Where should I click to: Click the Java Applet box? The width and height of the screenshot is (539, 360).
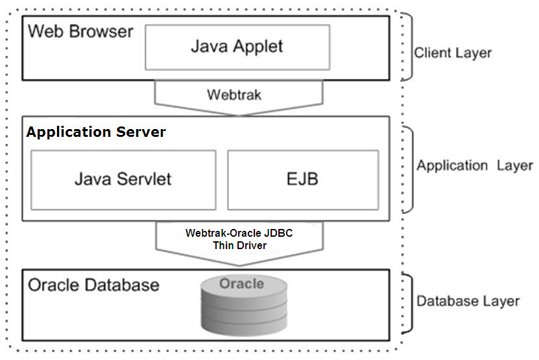(237, 47)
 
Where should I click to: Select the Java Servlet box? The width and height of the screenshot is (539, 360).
(123, 180)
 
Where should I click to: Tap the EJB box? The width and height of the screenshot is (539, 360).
(303, 180)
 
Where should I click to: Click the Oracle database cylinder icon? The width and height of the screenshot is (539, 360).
(244, 305)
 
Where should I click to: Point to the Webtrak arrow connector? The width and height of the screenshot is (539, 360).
(239, 98)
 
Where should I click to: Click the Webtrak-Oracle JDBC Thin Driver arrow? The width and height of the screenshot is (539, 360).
(239, 243)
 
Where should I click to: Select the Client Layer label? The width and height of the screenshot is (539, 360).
(453, 53)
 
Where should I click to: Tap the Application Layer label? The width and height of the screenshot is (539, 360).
(475, 166)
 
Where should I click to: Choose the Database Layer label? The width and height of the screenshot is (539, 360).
(468, 301)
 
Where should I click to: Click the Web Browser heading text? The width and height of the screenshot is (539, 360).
(80, 31)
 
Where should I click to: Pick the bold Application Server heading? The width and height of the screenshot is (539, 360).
(96, 132)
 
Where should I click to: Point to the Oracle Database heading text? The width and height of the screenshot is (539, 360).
(93, 285)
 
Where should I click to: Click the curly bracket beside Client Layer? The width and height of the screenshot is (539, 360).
(408, 47)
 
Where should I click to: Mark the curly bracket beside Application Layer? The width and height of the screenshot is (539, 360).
(409, 170)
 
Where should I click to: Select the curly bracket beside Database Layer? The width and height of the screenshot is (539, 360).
(409, 304)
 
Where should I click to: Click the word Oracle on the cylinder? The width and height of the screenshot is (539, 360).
(242, 283)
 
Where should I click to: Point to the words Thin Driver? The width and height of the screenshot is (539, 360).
(239, 245)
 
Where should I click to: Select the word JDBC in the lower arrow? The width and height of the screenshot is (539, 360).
(278, 233)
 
